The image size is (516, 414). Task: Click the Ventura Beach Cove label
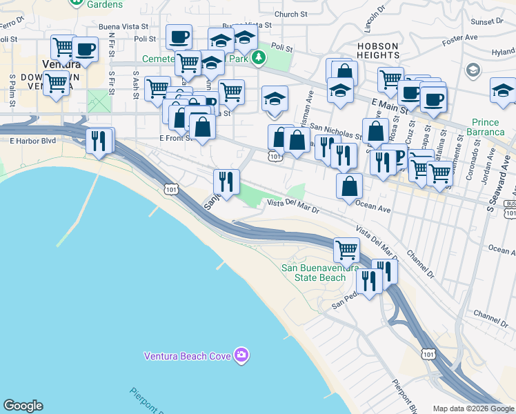pos(188,356)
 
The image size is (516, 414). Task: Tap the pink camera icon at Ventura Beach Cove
pos(241,356)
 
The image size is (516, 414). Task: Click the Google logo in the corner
pos(23,406)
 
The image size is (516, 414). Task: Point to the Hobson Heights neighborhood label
pos(378,52)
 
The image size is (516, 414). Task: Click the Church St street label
pos(290,14)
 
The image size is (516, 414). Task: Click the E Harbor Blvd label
pos(32,141)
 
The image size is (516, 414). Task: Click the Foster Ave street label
pos(460,37)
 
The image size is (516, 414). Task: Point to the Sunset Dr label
pos(502,22)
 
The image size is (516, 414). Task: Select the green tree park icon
pos(259,57)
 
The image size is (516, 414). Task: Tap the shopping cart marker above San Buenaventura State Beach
pos(346,249)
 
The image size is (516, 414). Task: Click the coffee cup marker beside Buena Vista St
pos(179,37)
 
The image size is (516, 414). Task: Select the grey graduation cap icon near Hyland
pos(473,70)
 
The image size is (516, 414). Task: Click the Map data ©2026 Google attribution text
pos(474,408)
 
